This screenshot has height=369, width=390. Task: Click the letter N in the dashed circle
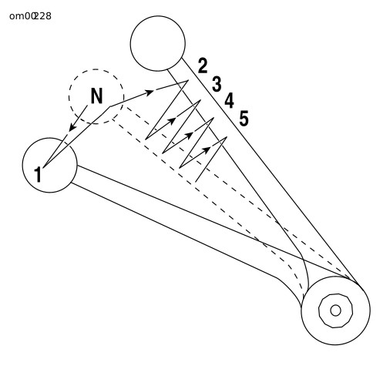[97, 96]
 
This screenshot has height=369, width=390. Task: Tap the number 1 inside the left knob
[38, 174]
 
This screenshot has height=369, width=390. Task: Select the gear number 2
[203, 65]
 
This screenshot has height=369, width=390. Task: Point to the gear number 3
[217, 84]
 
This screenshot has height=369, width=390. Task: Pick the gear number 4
[230, 101]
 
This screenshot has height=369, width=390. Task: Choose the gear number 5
[244, 119]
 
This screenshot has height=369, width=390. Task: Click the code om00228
[30, 16]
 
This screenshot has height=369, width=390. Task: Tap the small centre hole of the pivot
[335, 310]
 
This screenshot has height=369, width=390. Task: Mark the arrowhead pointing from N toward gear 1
[72, 126]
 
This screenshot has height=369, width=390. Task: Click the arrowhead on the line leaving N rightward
[150, 92]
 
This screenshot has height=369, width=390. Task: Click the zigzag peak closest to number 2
[188, 81]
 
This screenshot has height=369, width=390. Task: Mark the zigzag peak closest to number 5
[227, 137]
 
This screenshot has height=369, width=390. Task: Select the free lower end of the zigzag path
[196, 181]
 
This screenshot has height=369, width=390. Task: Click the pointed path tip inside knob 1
[43, 168]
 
